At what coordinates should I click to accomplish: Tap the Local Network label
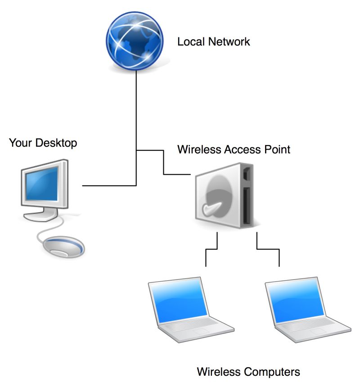pos(213,42)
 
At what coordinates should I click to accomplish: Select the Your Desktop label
pos(43,143)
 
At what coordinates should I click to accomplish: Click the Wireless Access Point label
pos(234,149)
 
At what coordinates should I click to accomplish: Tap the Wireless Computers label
pos(248,372)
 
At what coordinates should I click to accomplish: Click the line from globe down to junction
pos(136,113)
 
